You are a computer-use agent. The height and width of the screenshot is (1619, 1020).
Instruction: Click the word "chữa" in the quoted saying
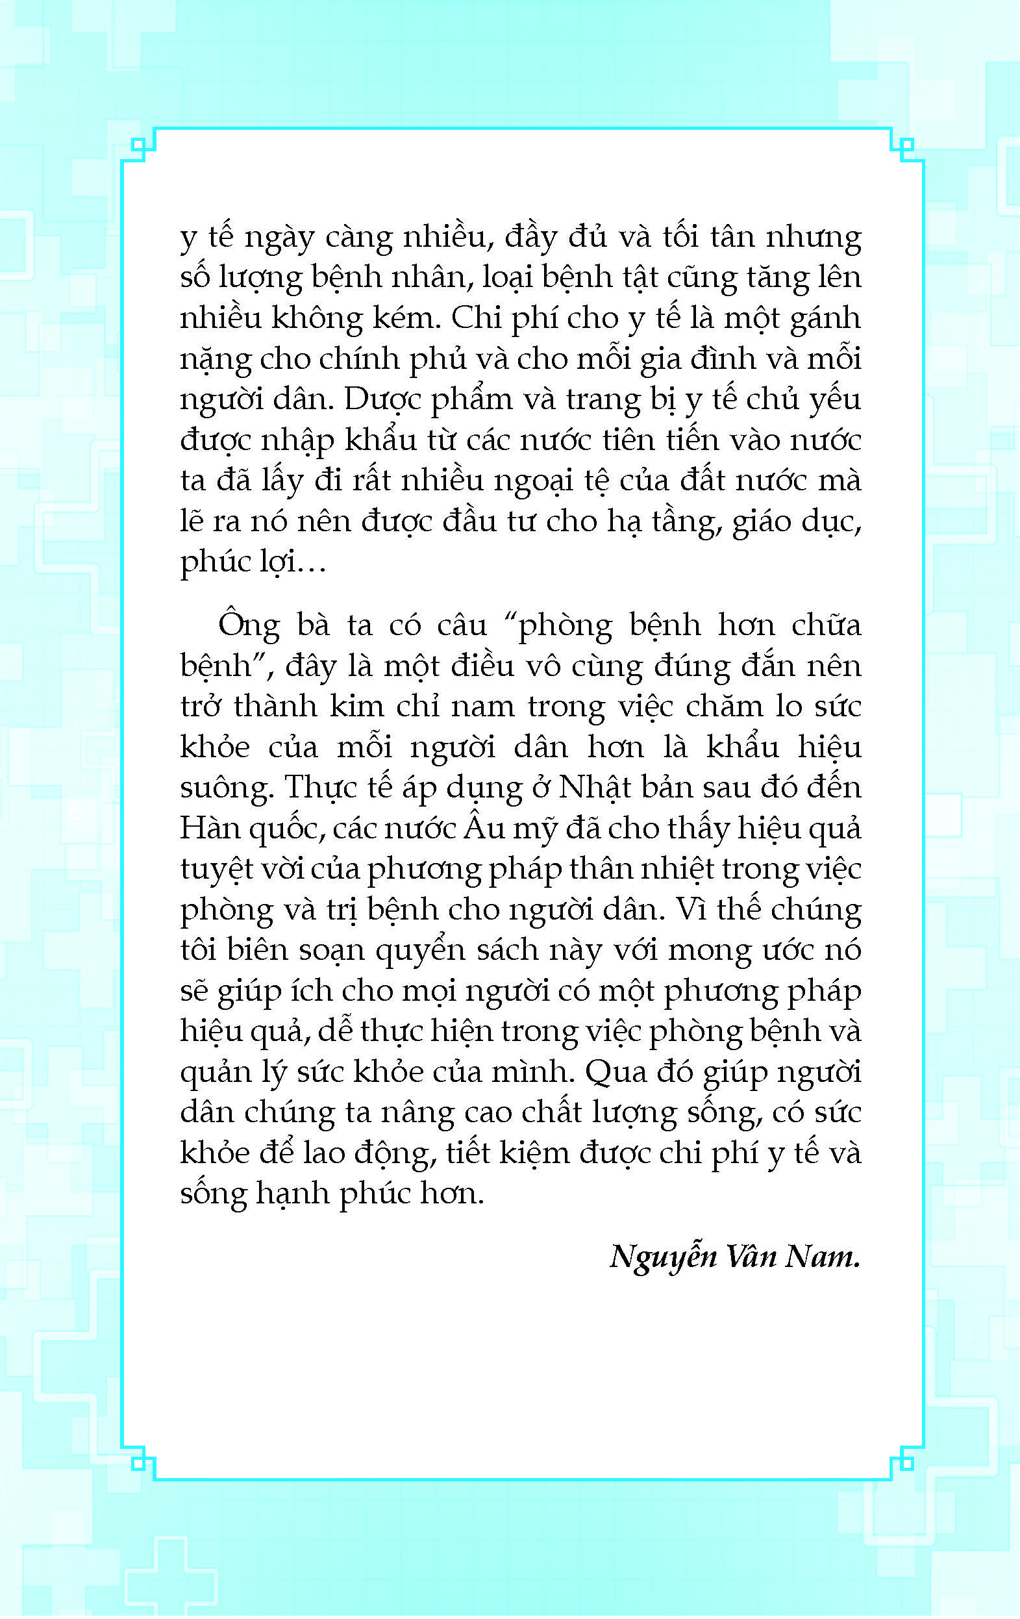[826, 625]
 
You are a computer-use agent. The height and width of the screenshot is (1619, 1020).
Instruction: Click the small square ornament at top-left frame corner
[138, 145]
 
